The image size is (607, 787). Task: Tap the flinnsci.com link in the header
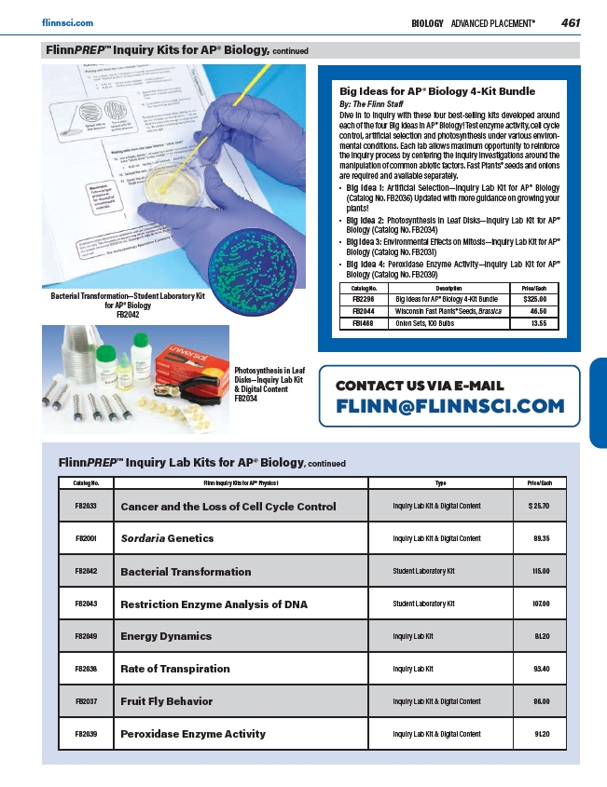click(x=68, y=21)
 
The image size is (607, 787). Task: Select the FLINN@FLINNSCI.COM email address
click(x=449, y=405)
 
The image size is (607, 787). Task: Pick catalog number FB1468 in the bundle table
click(x=363, y=323)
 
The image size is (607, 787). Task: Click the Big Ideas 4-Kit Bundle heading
click(x=436, y=91)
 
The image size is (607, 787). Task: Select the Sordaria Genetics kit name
click(x=167, y=538)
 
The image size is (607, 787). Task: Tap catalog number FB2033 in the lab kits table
click(x=87, y=507)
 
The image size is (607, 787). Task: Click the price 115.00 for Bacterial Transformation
click(x=540, y=571)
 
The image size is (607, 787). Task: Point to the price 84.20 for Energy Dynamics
click(x=541, y=636)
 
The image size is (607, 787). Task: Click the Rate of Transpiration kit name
click(x=175, y=669)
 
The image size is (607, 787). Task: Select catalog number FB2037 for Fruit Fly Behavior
click(x=87, y=701)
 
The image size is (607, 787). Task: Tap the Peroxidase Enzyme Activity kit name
click(x=193, y=734)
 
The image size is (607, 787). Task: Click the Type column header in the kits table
click(x=441, y=483)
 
